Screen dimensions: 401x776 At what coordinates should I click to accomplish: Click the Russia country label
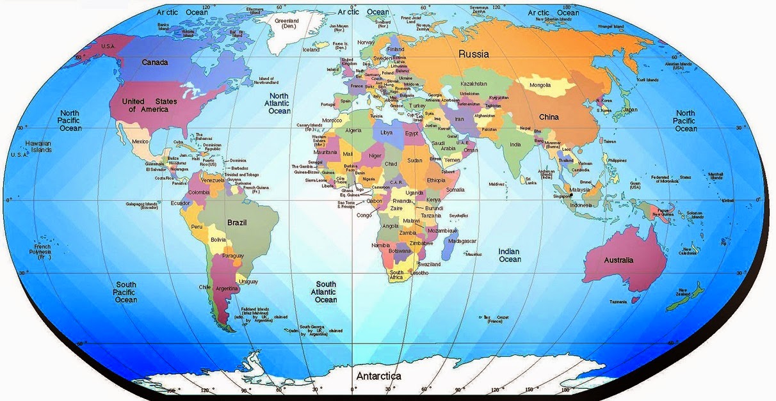tap(474, 54)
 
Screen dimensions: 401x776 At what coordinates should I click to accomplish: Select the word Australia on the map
tap(618, 260)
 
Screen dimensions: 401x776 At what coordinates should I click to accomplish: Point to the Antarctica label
tap(378, 376)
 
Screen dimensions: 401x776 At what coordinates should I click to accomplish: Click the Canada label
tap(155, 63)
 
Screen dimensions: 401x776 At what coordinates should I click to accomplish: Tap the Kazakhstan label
tap(474, 84)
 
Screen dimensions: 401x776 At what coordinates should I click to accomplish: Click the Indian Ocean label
tap(510, 255)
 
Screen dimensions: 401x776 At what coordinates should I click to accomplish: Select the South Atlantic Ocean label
tap(326, 292)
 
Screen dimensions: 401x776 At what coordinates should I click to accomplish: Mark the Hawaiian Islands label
tap(38, 146)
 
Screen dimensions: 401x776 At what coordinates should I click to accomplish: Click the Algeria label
tap(353, 130)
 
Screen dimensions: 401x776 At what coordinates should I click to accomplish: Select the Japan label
tap(630, 109)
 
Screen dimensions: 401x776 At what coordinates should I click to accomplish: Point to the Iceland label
tap(311, 50)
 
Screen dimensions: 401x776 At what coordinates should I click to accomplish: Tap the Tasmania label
tap(618, 302)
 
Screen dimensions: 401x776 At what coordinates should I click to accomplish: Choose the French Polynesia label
tap(43, 251)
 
